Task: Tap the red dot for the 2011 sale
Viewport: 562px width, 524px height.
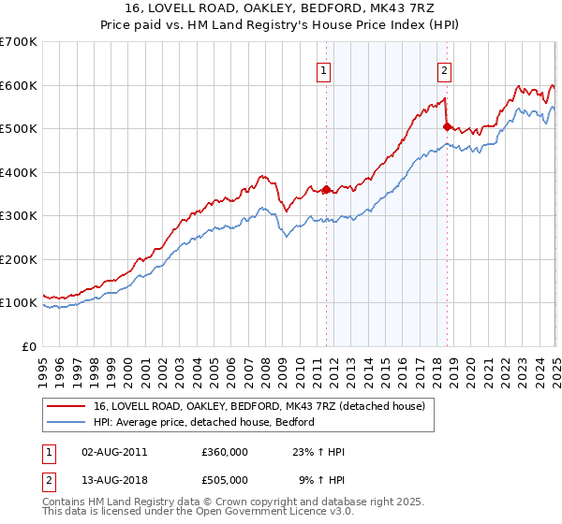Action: [x=326, y=190]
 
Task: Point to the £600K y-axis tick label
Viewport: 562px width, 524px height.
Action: [x=19, y=85]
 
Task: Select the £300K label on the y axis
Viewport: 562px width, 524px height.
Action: [x=19, y=216]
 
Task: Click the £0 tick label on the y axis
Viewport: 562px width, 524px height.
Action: [x=30, y=346]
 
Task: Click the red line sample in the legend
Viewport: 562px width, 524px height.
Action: [x=66, y=406]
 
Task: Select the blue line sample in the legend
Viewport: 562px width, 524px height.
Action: [x=66, y=423]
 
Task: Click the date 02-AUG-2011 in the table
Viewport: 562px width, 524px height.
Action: [x=114, y=452]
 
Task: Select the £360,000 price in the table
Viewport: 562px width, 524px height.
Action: [x=225, y=452]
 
